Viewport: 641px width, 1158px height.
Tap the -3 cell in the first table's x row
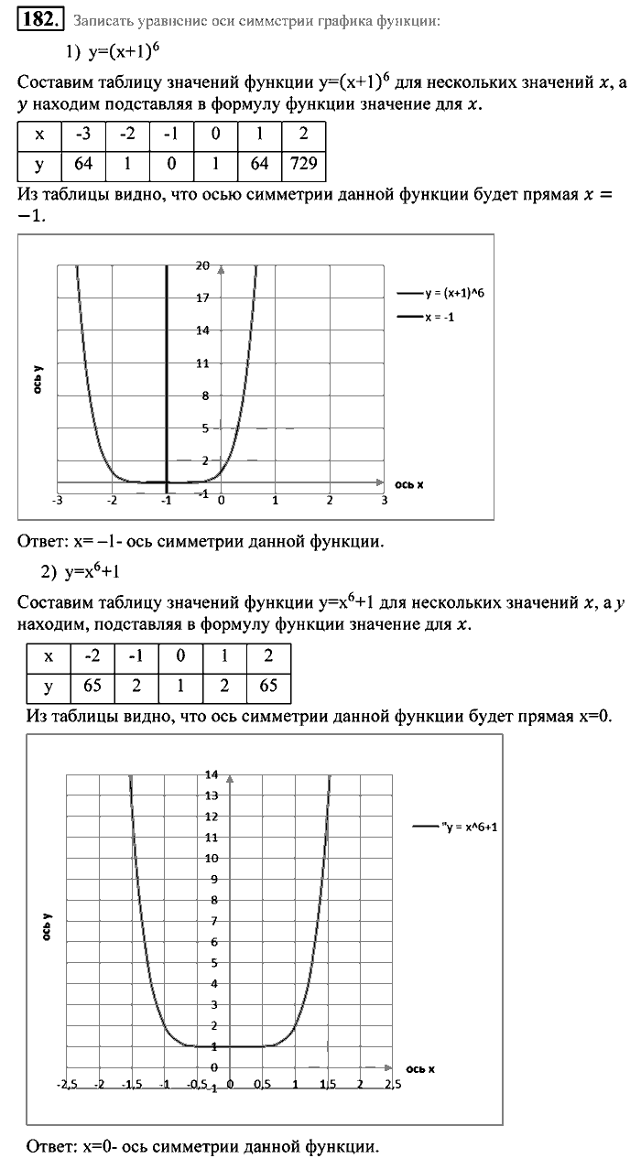pos(83,134)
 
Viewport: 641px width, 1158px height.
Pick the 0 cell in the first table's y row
pos(171,166)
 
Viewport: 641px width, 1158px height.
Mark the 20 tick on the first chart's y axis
pos(202,265)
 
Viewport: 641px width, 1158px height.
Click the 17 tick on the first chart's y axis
pos(202,298)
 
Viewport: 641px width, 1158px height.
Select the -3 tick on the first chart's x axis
pos(58,501)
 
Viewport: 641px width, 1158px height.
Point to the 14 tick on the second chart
pos(212,774)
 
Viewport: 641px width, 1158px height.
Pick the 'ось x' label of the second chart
pos(419,1068)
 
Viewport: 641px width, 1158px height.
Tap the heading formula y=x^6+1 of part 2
pos(106,572)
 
